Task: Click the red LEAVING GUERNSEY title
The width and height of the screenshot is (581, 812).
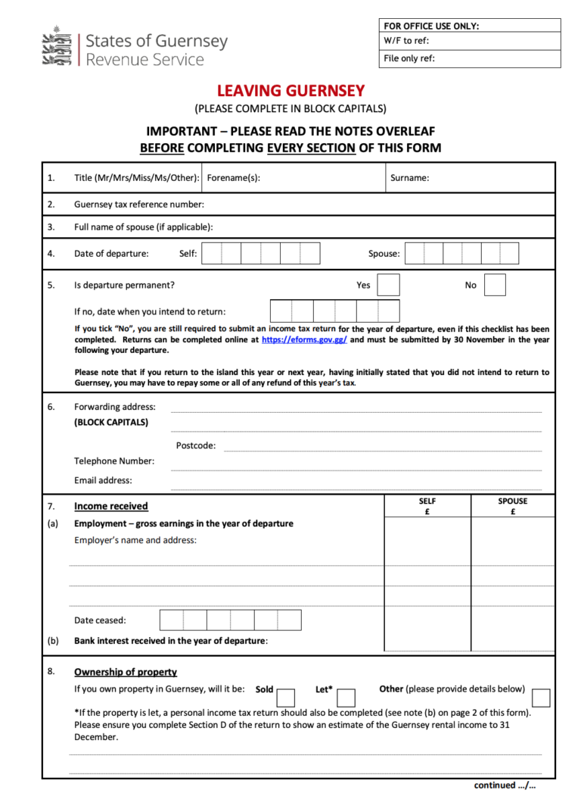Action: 290,92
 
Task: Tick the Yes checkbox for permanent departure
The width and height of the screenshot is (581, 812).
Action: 388,285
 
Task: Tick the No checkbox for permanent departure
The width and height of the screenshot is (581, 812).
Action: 495,285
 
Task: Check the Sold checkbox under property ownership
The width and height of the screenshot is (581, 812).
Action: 286,697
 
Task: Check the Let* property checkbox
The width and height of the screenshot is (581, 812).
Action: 346,697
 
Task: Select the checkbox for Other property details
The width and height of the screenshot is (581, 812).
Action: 541,697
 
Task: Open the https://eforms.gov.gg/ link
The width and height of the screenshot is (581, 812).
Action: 305,340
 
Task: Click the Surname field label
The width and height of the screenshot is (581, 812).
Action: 409,178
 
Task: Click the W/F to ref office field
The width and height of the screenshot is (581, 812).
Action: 469,41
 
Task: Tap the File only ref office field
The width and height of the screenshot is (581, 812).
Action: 469,59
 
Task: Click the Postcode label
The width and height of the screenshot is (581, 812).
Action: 196,445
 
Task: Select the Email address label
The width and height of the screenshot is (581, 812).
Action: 103,480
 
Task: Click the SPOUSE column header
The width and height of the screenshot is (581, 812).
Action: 513,501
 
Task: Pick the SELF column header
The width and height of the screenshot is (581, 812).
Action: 427,501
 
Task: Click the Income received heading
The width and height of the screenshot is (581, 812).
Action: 111,506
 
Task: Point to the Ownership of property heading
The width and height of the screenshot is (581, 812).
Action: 126,672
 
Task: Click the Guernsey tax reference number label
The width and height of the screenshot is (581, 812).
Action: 139,204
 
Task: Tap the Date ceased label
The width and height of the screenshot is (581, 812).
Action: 100,620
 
